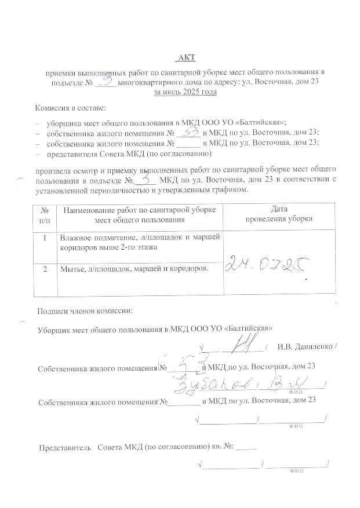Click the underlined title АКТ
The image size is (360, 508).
click(x=187, y=56)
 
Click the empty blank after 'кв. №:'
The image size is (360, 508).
click(x=246, y=448)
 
